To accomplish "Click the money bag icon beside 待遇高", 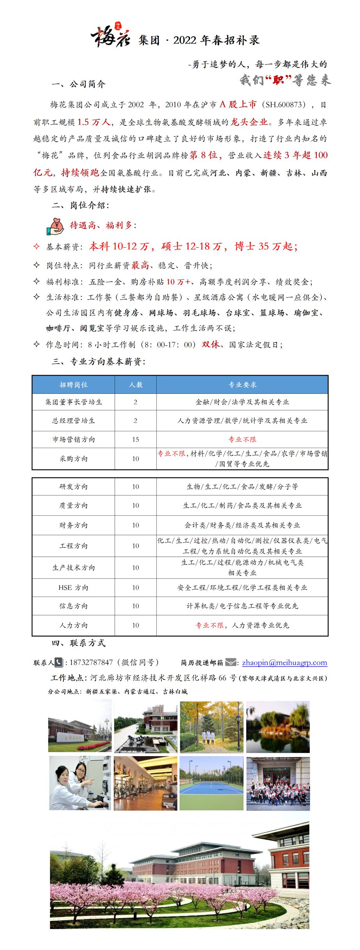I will click(x=55, y=225).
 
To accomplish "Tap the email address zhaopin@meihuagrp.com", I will click(x=284, y=662).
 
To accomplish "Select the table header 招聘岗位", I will click(x=73, y=385).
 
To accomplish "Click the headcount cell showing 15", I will click(x=135, y=440).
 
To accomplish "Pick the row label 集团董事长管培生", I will click(x=73, y=402).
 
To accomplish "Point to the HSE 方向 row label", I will click(x=73, y=587).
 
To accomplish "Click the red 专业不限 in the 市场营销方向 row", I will click(x=242, y=440).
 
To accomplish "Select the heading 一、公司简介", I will click(x=78, y=84).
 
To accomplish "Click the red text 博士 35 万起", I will click(x=266, y=246).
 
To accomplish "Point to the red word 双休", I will click(x=210, y=344).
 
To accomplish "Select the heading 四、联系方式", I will click(x=78, y=643).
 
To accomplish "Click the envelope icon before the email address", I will click(x=231, y=662).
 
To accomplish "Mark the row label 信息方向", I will click(x=73, y=606).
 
